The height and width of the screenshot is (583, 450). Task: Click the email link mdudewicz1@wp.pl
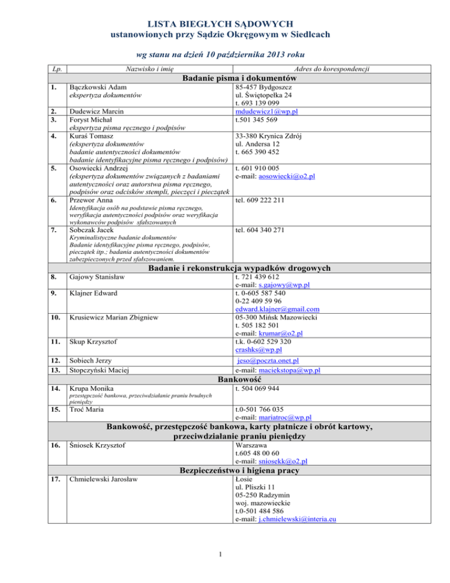[263, 111]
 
